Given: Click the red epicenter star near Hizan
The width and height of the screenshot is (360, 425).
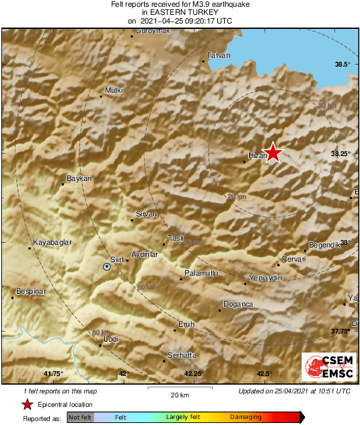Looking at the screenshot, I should pos(273,153).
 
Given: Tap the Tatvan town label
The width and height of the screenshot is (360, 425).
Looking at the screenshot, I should pos(219,55).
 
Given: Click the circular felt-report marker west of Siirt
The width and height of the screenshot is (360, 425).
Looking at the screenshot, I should pos(106,267).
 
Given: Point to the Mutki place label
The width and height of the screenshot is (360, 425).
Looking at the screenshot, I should pos(114,90).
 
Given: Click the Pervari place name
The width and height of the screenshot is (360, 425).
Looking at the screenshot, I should pos(293,259).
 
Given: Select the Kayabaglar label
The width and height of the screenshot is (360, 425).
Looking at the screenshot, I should pos(52,242).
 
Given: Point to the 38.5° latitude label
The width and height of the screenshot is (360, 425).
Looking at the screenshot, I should pos(343,64).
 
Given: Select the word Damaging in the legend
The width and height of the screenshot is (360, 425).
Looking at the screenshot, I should pos(246,417).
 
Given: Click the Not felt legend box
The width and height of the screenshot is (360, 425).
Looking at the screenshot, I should pos(80,417).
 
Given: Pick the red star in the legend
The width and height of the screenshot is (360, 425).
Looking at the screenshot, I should pos(27,404).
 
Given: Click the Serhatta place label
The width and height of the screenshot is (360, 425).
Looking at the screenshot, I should pos(182,354).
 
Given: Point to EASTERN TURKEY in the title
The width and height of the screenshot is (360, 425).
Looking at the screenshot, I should pos(180,12).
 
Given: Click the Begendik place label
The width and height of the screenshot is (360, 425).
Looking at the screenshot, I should pos(326,245).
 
